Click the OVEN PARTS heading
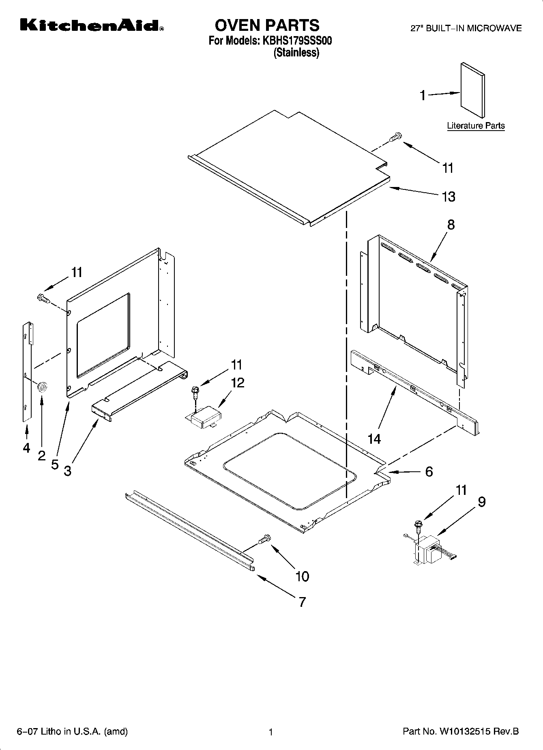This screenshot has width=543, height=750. coord(267,26)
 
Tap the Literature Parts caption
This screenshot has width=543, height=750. coord(476,126)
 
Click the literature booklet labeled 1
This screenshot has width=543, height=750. coord(472,91)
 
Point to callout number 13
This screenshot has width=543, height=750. coord(448,197)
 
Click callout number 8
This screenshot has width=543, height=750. coord(451,225)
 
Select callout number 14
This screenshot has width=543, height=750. coord(374,438)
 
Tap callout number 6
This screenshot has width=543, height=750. coord(429,471)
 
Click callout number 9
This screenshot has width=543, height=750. coord(481,502)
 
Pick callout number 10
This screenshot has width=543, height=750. coord(303,576)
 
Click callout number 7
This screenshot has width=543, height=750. coord(302,602)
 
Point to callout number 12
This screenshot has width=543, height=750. coord(238,382)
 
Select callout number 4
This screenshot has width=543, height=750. coord(26,448)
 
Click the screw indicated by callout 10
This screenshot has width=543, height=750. coord(264,539)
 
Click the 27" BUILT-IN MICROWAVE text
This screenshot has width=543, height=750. coord(466,28)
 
